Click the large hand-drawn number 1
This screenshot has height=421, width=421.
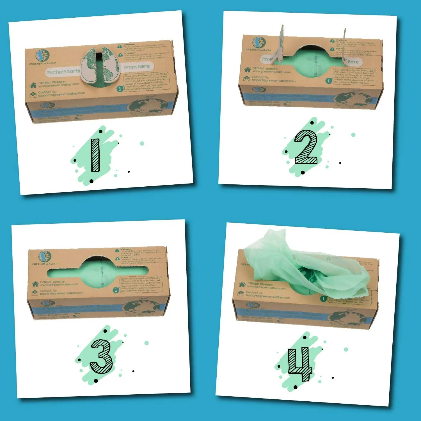95,155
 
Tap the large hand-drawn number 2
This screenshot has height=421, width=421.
306,147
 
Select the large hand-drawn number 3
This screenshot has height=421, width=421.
101,356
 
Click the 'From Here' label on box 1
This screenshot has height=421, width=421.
137,67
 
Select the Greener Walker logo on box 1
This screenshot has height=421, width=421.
42,56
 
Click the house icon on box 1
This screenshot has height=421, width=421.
33,85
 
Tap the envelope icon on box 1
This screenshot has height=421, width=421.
33,94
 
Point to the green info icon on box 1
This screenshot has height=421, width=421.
120,89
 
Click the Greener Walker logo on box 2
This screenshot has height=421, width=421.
259,42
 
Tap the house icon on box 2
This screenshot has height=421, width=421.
247,69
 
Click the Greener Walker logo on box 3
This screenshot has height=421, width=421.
45,256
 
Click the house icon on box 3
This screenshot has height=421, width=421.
35,283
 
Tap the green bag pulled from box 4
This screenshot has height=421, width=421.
303,267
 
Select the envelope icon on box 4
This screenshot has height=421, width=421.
240,294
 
